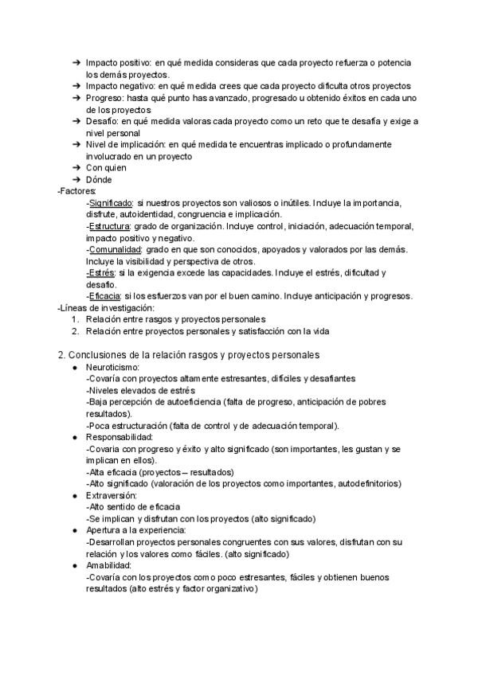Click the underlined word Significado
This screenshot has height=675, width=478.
pyautogui.click(x=111, y=203)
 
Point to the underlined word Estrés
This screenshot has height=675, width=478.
pyautogui.click(x=101, y=273)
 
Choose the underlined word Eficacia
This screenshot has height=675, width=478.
pyautogui.click(x=105, y=296)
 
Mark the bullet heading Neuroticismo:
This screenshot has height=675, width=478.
pyautogui.click(x=112, y=367)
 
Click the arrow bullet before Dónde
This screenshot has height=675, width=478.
pyautogui.click(x=75, y=180)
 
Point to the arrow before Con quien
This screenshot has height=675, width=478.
pyautogui.click(x=75, y=168)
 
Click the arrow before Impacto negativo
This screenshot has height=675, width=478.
pyautogui.click(x=75, y=86)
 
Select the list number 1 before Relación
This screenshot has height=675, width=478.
pyautogui.click(x=75, y=319)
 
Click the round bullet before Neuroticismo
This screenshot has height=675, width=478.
pyautogui.click(x=75, y=367)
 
